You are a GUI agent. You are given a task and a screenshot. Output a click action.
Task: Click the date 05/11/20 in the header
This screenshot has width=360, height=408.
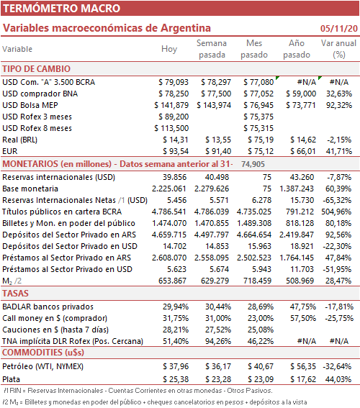[x=339, y=28]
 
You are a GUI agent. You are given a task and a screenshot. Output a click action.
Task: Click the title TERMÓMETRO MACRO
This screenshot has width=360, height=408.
[x=61, y=9]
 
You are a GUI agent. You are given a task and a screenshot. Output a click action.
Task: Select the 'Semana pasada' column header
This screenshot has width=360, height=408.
[x=212, y=49]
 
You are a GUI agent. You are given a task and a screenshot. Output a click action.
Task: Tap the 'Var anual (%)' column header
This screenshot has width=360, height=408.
[x=338, y=49]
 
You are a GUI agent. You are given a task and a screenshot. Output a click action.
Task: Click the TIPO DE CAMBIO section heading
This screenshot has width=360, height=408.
[x=37, y=69]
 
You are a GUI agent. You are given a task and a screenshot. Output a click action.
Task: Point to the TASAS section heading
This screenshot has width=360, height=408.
[x=15, y=294]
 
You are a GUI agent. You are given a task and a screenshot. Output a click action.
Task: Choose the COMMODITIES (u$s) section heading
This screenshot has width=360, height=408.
[x=43, y=353]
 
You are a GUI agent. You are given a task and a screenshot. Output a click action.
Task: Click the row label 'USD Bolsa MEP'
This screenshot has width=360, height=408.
[x=30, y=105]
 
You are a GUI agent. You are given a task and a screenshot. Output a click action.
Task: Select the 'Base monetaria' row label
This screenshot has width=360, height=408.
[x=30, y=189]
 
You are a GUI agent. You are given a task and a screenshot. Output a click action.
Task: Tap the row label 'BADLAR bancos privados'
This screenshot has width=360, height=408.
[x=48, y=307]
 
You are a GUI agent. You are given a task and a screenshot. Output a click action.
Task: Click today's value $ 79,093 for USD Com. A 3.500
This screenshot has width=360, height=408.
[x=174, y=82]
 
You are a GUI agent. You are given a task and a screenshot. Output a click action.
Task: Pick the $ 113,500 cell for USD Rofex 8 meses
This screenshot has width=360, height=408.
[x=171, y=128]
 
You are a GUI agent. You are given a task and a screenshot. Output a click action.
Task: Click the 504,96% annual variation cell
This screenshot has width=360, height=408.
[x=336, y=212]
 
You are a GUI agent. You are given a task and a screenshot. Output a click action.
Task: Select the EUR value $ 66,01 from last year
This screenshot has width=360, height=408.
[x=303, y=151]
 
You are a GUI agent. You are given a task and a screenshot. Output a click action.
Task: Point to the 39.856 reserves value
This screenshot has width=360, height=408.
[x=175, y=177]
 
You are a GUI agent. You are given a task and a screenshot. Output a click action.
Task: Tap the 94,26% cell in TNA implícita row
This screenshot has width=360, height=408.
[x=218, y=341]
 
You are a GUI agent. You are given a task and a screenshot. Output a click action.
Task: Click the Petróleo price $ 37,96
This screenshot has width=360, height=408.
[x=176, y=366]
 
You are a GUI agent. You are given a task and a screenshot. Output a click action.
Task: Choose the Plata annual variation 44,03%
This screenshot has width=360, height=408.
[x=338, y=379]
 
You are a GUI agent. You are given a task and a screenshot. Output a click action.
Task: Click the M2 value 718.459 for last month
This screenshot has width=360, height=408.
[x=258, y=281]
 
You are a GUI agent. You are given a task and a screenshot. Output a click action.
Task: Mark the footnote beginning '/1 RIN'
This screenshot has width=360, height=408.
[x=138, y=391]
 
